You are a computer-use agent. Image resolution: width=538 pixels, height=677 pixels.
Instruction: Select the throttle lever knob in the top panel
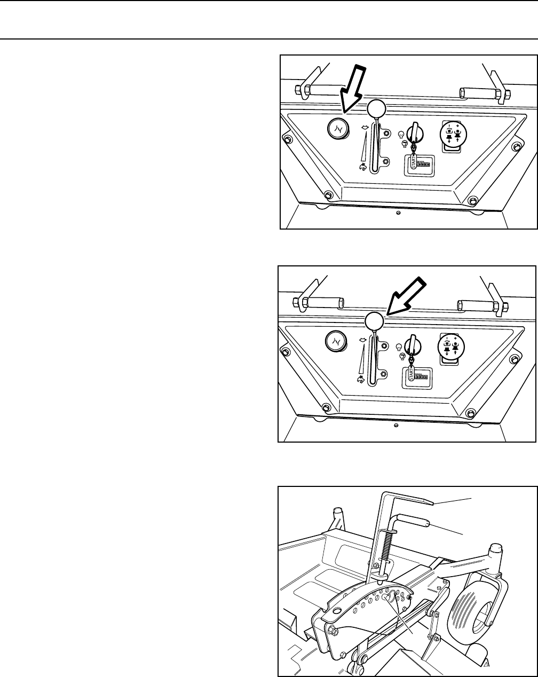[x=376, y=109]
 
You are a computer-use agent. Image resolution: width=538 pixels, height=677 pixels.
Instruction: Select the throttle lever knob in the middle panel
[x=374, y=321]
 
